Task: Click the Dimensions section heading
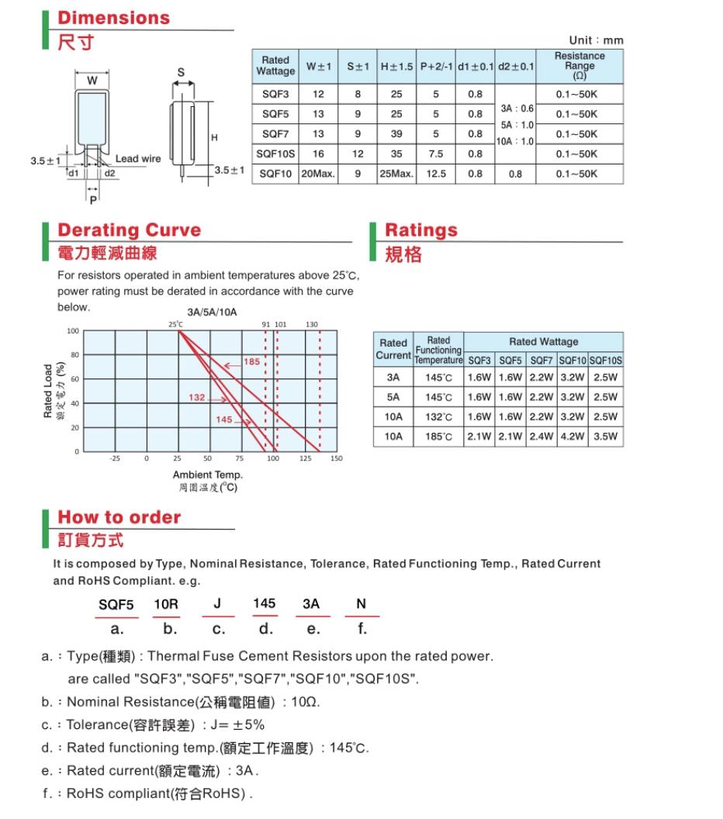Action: coord(113,18)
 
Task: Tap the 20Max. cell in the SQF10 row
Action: coord(318,174)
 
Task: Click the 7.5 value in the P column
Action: coord(436,154)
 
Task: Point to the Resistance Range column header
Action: coord(579,66)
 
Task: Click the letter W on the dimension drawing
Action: coord(92,81)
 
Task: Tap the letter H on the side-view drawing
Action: coord(214,136)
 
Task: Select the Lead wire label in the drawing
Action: coord(138,159)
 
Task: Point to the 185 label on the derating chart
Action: coord(252,363)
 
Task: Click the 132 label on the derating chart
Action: coord(197,398)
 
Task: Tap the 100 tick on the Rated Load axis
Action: coord(74,331)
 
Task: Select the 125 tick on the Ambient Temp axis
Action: coord(305,459)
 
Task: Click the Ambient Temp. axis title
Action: coord(207,475)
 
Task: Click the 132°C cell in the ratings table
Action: coord(438,416)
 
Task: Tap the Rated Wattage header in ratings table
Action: coord(543,341)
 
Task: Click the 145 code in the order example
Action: coord(264,603)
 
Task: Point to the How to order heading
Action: coord(119,517)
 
